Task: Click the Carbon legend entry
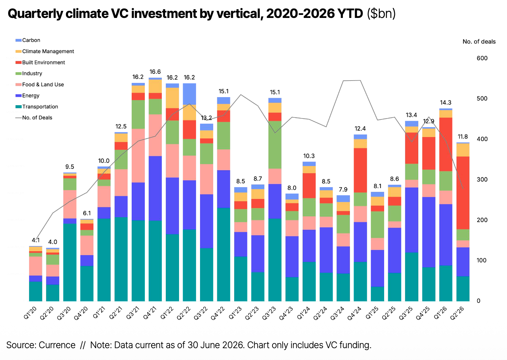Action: tap(28, 40)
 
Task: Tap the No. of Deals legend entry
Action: tap(34, 118)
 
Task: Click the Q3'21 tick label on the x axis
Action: tap(133, 313)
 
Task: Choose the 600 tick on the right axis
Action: tap(482, 58)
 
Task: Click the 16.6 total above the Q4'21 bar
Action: tap(155, 72)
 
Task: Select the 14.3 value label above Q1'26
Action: tap(445, 103)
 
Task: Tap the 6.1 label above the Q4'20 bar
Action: tap(87, 213)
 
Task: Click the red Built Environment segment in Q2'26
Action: tap(463, 193)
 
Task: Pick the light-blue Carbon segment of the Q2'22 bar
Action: tap(190, 94)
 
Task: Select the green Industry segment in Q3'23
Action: tap(275, 145)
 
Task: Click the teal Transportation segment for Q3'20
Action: tap(70, 263)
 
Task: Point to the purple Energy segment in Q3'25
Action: tap(412, 220)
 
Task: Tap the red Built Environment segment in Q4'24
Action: tap(360, 171)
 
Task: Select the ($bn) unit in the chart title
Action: tap(381, 14)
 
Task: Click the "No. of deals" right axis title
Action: tap(479, 42)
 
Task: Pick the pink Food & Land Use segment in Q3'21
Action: tap(138, 156)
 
